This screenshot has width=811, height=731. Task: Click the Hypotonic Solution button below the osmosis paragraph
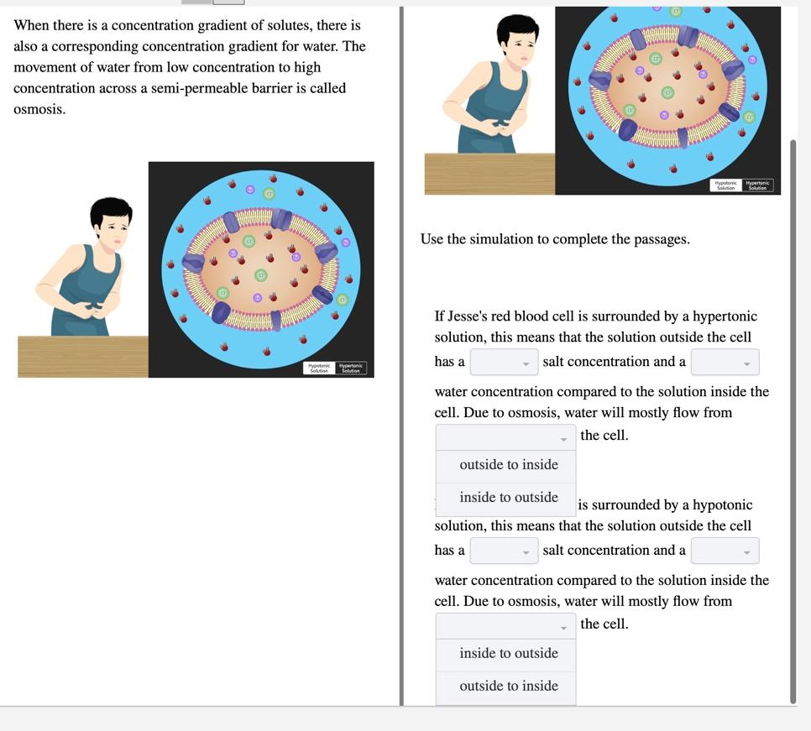[x=319, y=368]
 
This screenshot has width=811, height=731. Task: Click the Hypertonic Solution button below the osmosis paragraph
[x=351, y=368]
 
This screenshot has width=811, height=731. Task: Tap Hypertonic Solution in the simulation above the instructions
[x=757, y=185]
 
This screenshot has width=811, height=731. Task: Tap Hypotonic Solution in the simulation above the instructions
[x=726, y=185]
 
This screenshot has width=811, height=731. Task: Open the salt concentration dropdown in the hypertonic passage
[x=504, y=363]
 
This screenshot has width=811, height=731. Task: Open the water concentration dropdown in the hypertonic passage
[x=725, y=363]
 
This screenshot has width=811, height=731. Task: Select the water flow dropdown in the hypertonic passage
[x=505, y=436]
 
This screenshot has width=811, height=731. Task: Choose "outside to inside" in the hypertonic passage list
[x=508, y=465]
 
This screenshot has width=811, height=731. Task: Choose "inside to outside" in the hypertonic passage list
[x=508, y=498]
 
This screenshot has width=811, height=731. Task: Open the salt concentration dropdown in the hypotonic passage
[x=504, y=551]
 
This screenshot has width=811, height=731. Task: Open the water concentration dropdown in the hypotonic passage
[x=725, y=551]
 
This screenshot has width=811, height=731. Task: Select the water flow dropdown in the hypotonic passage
[x=505, y=625]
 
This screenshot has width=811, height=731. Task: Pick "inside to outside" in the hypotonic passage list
[x=508, y=654]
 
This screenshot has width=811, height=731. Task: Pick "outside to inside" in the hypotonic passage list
[x=508, y=687]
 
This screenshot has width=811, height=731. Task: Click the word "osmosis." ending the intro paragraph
[x=39, y=110]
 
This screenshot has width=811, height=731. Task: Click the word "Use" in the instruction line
[x=432, y=240]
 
